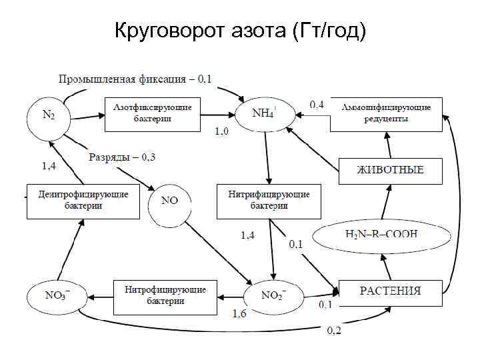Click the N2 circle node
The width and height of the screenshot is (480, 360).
point(49,115)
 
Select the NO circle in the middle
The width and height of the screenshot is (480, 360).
point(169,201)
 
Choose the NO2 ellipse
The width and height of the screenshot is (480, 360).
point(273,295)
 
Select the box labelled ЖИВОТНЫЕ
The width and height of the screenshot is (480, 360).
point(391,170)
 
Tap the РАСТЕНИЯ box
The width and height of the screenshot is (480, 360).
point(391,291)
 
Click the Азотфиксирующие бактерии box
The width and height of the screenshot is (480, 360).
point(153,113)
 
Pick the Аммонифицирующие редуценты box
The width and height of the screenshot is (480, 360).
point(387,113)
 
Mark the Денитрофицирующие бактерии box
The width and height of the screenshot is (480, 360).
point(83,201)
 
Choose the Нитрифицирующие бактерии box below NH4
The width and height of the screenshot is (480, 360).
point(269,201)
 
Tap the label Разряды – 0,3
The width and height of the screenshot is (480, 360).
point(122,157)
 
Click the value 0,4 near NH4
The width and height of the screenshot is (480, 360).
point(317,104)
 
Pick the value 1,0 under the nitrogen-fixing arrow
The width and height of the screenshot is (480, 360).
point(221,132)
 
